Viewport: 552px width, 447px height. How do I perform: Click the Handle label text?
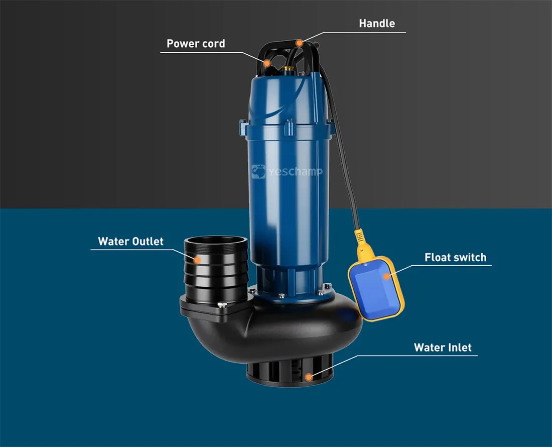click(377, 23)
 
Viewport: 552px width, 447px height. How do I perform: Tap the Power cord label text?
click(196, 43)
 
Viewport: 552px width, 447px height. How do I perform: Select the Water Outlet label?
click(130, 241)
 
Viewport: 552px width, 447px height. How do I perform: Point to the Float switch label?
click(455, 257)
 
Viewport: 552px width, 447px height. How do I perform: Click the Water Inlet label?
click(443, 348)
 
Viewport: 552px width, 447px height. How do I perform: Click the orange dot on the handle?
click(299, 43)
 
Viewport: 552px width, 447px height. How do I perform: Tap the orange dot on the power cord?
click(267, 63)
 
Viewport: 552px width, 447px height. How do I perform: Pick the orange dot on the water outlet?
click(198, 260)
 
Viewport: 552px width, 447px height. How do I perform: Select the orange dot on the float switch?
click(387, 277)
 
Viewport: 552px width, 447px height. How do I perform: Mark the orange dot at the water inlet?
click(309, 377)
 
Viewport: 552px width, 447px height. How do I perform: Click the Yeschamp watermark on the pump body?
click(287, 172)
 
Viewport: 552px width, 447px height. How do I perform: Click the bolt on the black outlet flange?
click(222, 305)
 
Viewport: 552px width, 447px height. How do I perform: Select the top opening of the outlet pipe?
click(216, 242)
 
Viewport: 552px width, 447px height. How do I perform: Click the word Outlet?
click(148, 241)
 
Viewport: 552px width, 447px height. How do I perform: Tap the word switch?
click(470, 257)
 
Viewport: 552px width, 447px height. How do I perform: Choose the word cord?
click(214, 43)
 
